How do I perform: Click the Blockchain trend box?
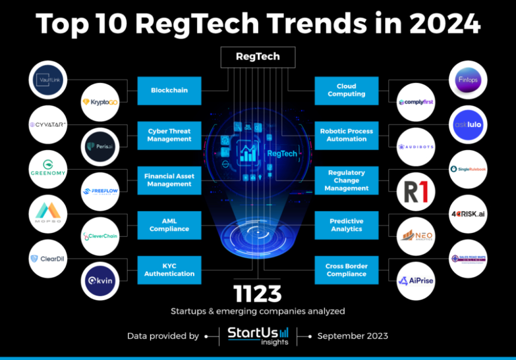click(169, 90)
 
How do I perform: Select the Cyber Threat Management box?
click(169, 135)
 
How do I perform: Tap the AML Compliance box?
click(169, 225)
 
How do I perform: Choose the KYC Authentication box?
click(169, 270)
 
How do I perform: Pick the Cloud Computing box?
click(346, 90)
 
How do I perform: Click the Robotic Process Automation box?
click(346, 135)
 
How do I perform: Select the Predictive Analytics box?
click(346, 225)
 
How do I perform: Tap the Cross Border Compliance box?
click(346, 270)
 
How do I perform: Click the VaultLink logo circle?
click(49, 80)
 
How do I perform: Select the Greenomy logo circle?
click(49, 170)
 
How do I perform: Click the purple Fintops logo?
click(467, 80)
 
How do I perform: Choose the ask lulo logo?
click(467, 124)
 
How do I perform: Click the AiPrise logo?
click(416, 281)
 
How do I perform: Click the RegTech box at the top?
click(258, 57)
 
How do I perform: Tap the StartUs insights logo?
click(258, 336)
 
